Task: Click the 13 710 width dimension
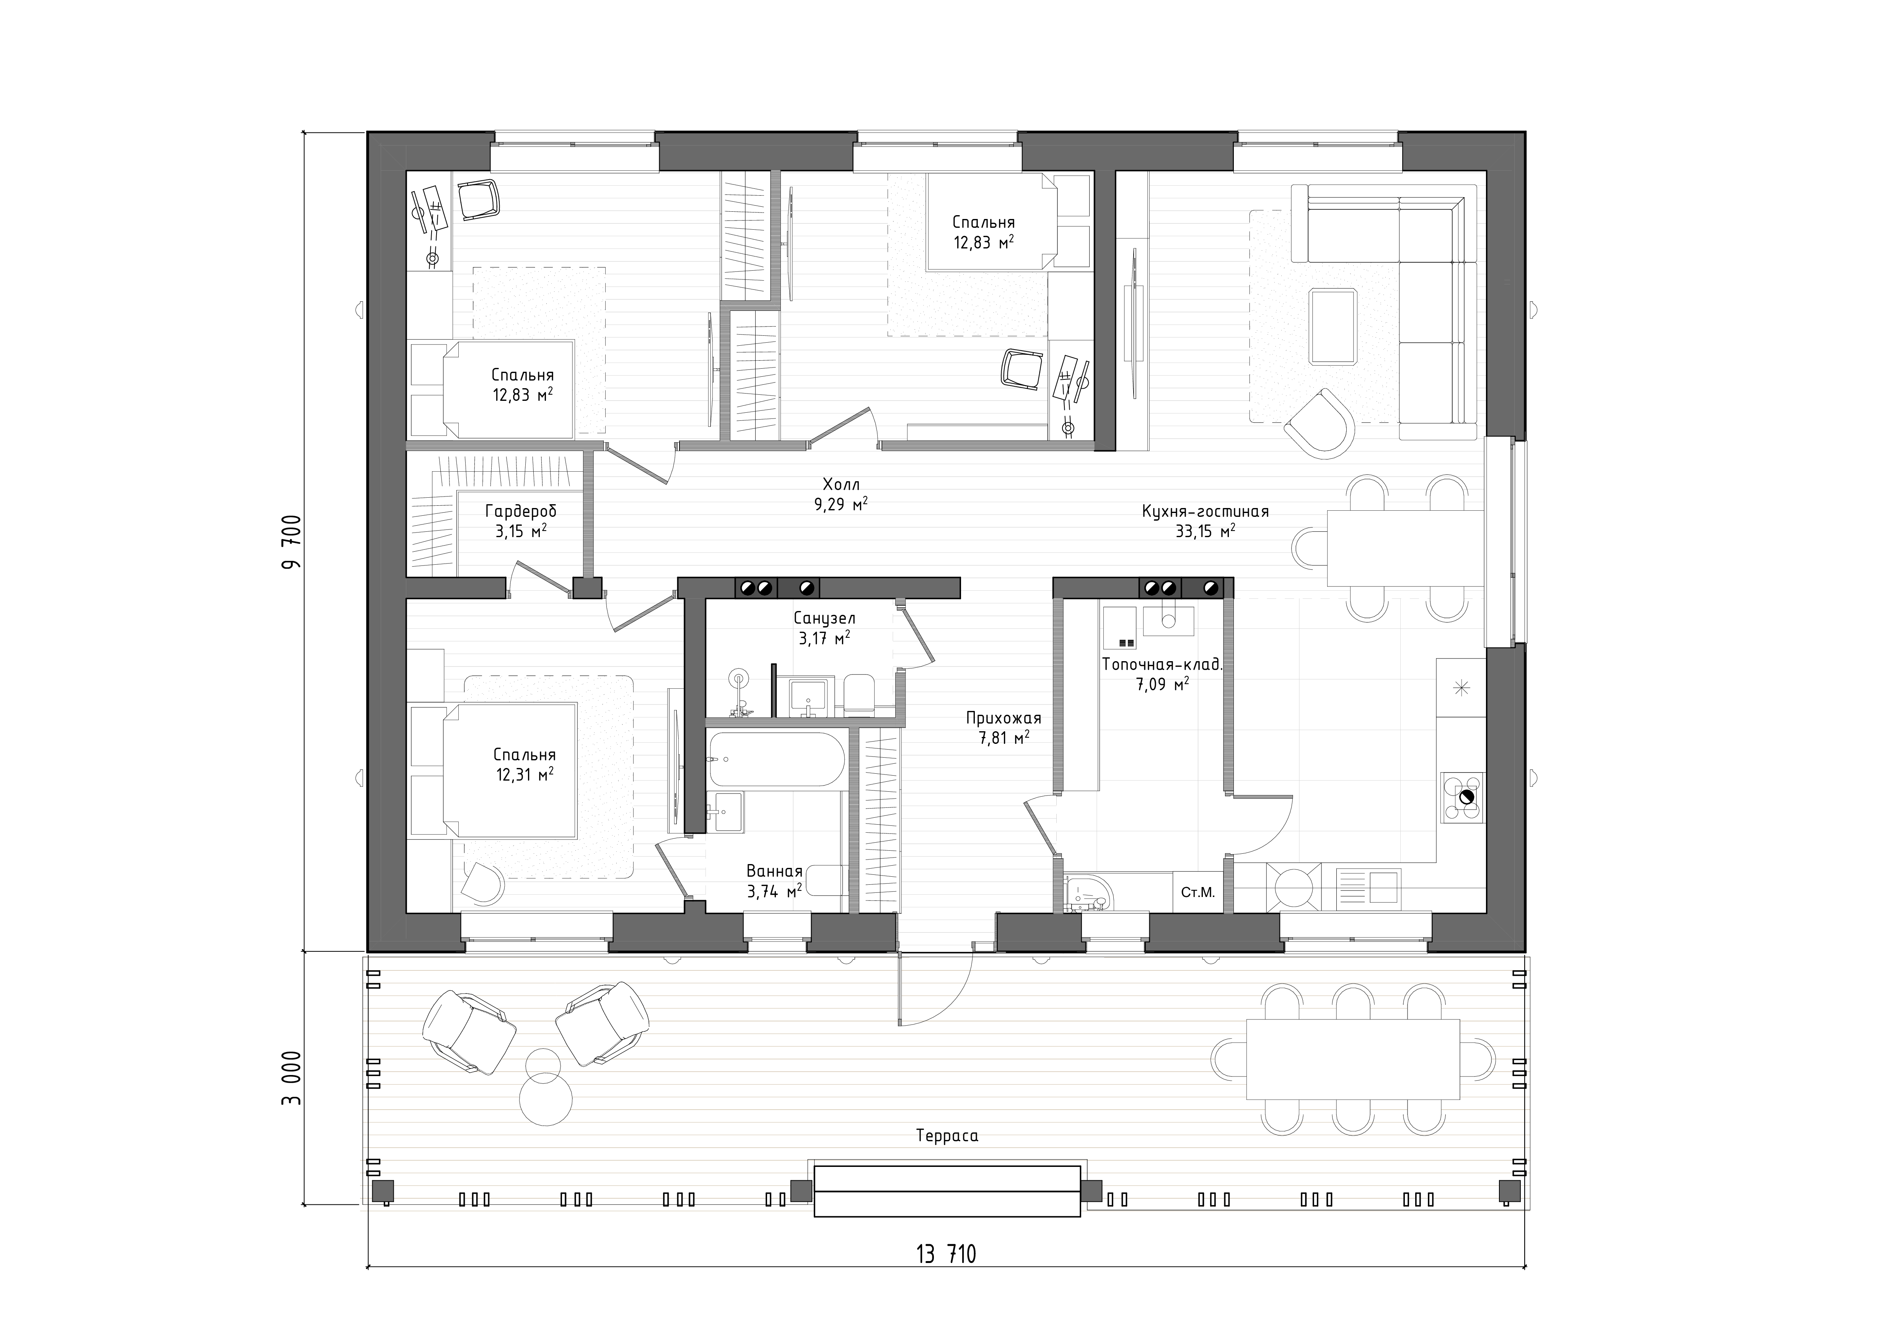[x=946, y=1255]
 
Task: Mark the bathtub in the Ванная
[x=776, y=759]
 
